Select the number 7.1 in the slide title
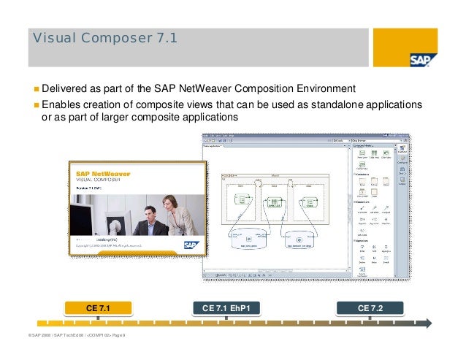pyautogui.click(x=162, y=39)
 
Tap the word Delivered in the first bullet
pyautogui.click(x=64, y=89)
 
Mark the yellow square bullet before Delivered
pyautogui.click(x=34, y=90)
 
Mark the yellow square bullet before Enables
pyautogui.click(x=34, y=104)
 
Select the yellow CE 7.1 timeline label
pyautogui.click(x=98, y=308)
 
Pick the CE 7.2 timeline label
pyautogui.click(x=370, y=308)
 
